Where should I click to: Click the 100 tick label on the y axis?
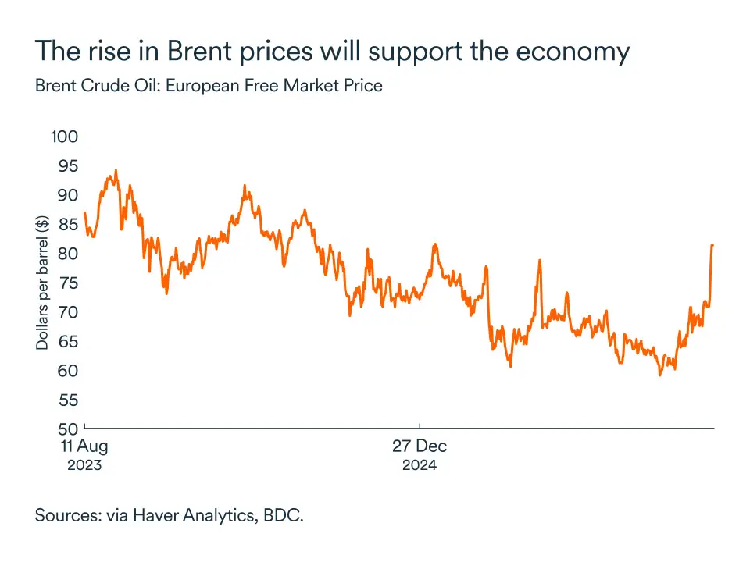pyautogui.click(x=65, y=137)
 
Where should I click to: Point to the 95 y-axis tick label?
pyautogui.click(x=66, y=165)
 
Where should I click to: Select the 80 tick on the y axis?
pyautogui.click(x=66, y=254)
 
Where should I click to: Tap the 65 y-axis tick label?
pyautogui.click(x=66, y=341)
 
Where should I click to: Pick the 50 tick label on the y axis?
pyautogui.click(x=66, y=429)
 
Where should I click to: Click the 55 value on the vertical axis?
pyautogui.click(x=66, y=400)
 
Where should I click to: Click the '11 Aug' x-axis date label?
pyautogui.click(x=84, y=447)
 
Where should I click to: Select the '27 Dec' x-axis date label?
pyautogui.click(x=420, y=447)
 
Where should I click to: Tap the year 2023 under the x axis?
pyautogui.click(x=84, y=466)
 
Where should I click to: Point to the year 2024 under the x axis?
pyautogui.click(x=420, y=466)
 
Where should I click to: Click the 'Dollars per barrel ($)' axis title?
pyautogui.click(x=42, y=283)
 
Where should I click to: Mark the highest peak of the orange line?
pyautogui.click(x=116, y=170)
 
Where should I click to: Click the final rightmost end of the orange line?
pyautogui.click(x=712, y=245)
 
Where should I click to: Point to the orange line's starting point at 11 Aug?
pyautogui.click(x=84, y=212)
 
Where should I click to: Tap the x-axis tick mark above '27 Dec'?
pyautogui.click(x=420, y=425)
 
